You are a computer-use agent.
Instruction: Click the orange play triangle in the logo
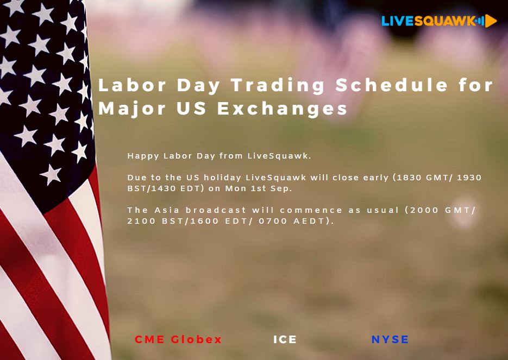[x=491, y=21]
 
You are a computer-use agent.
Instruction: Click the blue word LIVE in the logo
[x=398, y=21]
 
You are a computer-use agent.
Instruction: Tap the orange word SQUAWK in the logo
[x=445, y=21]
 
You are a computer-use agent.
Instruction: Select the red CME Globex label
[x=178, y=339]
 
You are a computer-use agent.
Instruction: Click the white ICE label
[x=285, y=339]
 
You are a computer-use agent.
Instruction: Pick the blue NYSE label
[x=390, y=339]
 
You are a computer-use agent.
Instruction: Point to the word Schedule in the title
[x=392, y=85]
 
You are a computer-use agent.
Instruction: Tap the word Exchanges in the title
[x=283, y=109]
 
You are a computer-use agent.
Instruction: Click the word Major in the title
[x=132, y=109]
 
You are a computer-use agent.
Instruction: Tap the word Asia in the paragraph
[x=167, y=210]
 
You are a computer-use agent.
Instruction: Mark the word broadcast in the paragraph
[x=216, y=210]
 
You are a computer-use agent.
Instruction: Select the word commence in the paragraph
[x=311, y=211]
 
